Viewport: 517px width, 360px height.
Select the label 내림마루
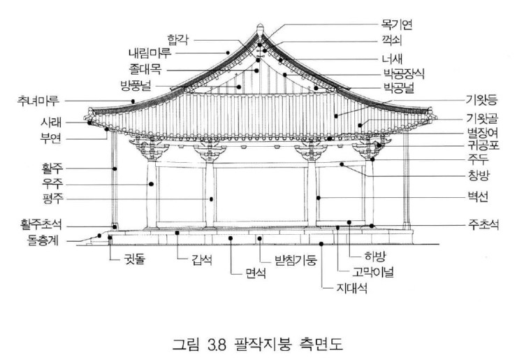pos(150,53)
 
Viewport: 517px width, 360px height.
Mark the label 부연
pos(52,138)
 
